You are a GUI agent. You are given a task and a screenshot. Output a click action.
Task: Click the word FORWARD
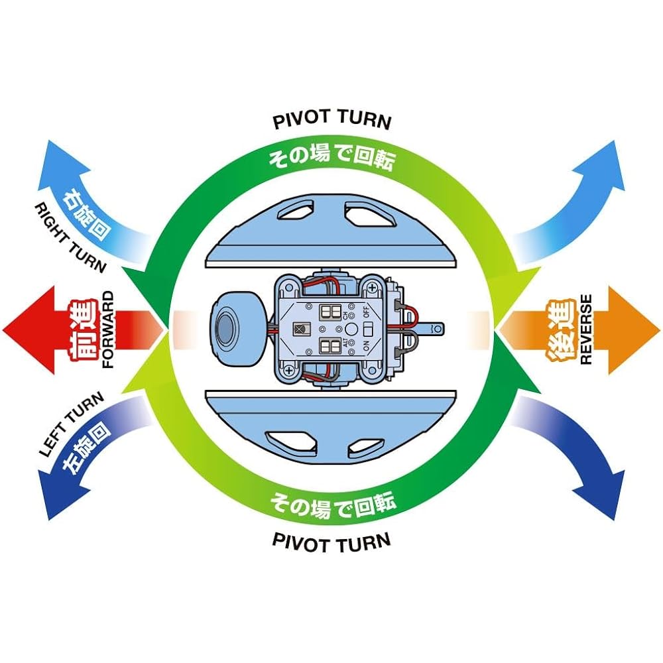[108, 330]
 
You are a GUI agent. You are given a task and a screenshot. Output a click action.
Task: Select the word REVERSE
[586, 330]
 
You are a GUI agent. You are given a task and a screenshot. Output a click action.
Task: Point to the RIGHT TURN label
[70, 237]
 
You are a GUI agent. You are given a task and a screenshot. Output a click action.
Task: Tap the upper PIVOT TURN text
[332, 119]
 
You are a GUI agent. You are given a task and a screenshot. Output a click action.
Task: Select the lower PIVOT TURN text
[332, 542]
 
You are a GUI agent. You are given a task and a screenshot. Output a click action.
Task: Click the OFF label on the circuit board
[366, 312]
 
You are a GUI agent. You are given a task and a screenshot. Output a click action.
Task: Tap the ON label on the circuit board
[366, 346]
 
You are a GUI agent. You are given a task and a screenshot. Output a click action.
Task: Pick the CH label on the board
[345, 314]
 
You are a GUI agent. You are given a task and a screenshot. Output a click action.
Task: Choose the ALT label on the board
[345, 342]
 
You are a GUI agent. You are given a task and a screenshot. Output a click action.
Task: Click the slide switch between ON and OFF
[368, 330]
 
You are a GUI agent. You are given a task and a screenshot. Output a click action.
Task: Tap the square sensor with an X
[302, 329]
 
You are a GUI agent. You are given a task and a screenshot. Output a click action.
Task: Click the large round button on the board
[351, 329]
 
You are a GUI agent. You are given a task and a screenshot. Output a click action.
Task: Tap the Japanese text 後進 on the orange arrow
[562, 330]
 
